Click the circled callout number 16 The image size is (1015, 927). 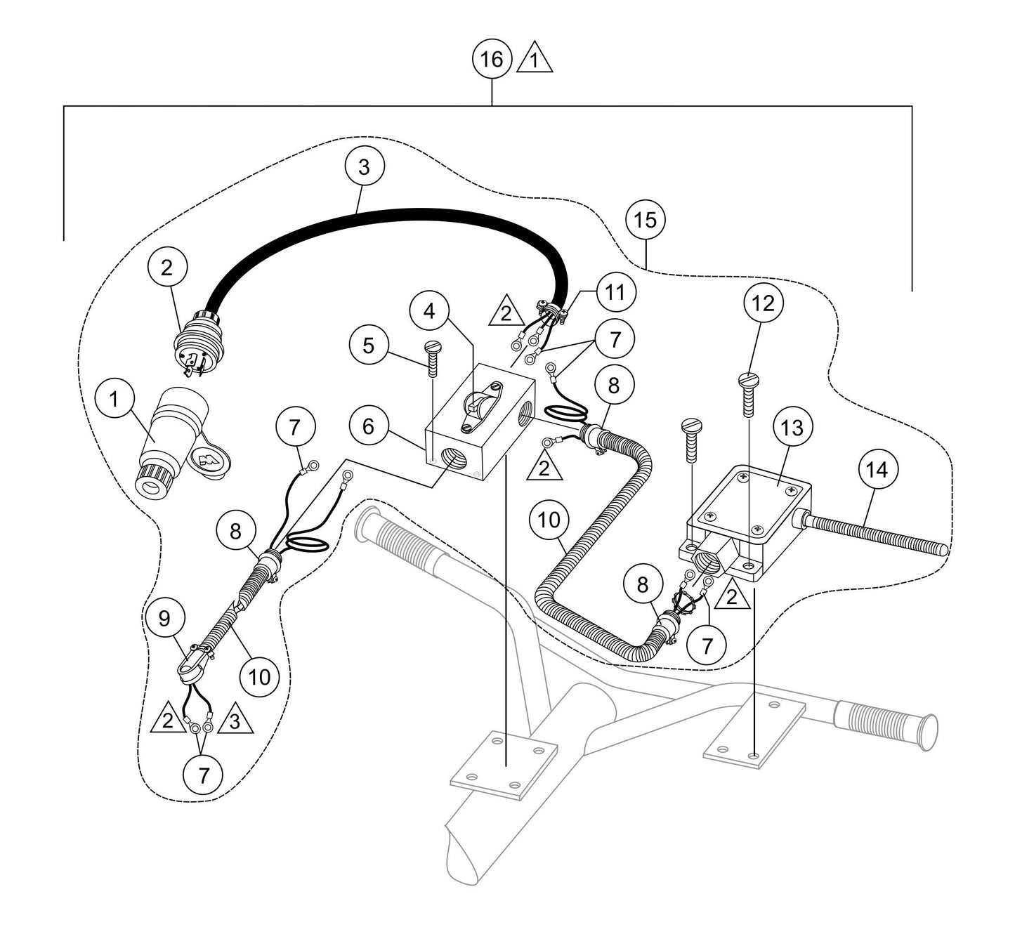pos(491,59)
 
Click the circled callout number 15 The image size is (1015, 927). pos(645,220)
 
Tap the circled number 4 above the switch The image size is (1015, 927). pos(431,312)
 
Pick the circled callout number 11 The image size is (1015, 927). pos(615,291)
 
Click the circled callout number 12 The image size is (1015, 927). pos(763,303)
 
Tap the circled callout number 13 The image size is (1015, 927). pos(792,427)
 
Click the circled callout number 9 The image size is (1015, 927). pos(164,619)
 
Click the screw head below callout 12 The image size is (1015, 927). pos(748,380)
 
